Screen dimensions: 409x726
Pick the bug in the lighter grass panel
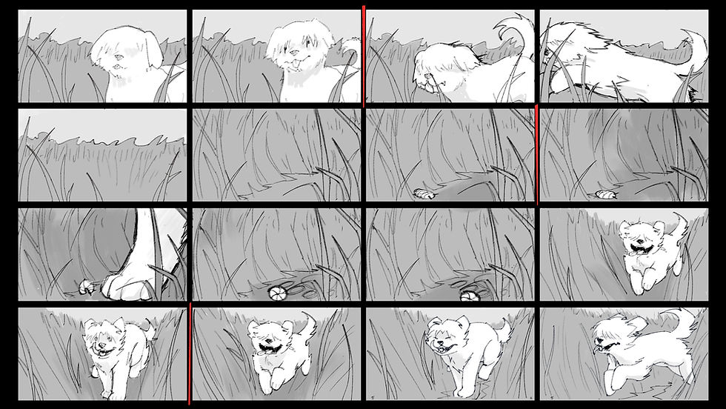click(423, 193)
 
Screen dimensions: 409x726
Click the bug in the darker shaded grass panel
click(601, 194)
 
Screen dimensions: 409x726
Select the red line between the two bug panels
click(536, 154)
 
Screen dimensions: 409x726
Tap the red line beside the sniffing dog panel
click(364, 56)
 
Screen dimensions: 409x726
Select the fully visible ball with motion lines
click(277, 293)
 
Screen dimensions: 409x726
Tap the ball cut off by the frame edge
click(468, 296)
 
